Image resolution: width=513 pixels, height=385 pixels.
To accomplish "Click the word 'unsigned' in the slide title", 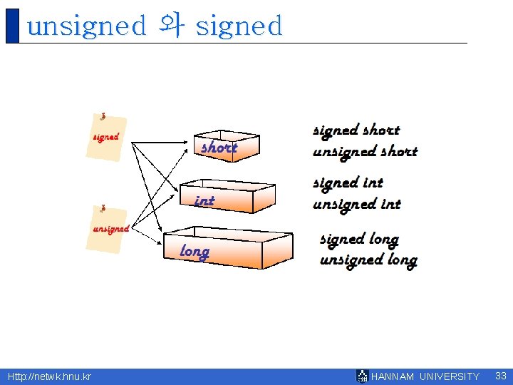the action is point(85,26).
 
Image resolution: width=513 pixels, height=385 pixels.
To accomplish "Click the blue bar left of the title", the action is point(11,26).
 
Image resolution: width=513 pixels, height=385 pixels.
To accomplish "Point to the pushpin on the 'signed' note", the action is point(103,116).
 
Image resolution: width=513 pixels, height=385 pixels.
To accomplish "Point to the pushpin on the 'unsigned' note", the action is point(104,209).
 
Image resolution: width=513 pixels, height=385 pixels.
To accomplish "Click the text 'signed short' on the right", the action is point(356,130).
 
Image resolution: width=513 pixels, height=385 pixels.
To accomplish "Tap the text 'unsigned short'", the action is point(365,151).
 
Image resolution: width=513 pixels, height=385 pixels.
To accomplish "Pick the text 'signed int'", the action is point(348,183).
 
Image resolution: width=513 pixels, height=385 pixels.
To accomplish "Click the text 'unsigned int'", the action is point(356,204).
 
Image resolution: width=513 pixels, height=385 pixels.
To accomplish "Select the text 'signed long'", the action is point(359,239).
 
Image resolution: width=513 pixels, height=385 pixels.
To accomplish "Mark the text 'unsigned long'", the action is point(368,260).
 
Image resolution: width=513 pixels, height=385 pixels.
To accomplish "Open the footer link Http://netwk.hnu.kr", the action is point(49,376).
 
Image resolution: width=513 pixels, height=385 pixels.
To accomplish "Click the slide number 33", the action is point(500,376).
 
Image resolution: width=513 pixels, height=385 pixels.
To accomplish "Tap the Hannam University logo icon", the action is point(363,376).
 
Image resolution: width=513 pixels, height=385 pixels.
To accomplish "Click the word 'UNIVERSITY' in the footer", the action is point(450,376).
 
